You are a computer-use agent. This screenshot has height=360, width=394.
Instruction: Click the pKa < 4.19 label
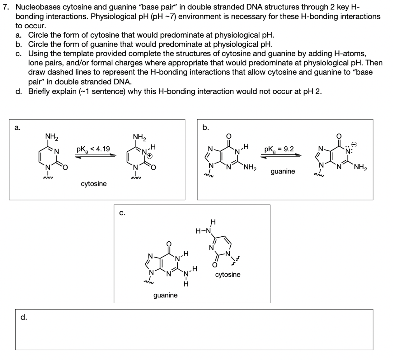tap(93, 149)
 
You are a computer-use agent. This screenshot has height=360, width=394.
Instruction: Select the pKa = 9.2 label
tap(279, 149)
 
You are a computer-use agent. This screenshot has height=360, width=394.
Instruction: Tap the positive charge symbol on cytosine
tap(149, 155)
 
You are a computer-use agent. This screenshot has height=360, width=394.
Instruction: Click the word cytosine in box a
tap(94, 184)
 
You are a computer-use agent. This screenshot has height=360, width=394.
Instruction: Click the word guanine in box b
tap(283, 171)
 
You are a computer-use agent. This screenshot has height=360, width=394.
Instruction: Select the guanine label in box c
tap(165, 295)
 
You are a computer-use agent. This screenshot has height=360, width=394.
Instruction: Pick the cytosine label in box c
tap(227, 274)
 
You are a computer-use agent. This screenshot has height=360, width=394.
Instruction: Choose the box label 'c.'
tap(122, 213)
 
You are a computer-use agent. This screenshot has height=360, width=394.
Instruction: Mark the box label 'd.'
tap(24, 317)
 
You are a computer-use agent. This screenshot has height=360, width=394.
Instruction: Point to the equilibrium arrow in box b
tap(281, 156)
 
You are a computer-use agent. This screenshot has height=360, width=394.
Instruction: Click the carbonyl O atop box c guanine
tap(169, 243)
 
